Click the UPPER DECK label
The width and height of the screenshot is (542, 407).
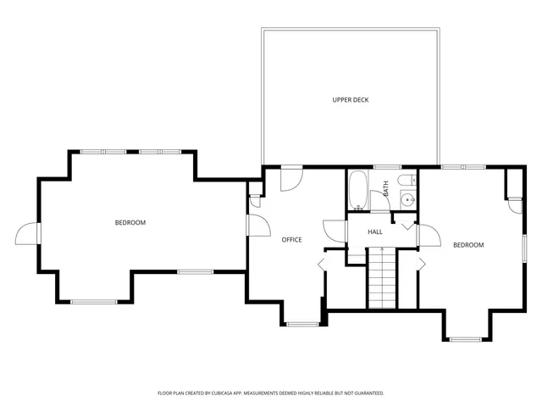[x=350, y=100]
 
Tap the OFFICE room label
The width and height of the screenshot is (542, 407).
[x=291, y=240]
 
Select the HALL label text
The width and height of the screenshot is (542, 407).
[x=375, y=231]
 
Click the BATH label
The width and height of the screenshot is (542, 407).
[x=386, y=189]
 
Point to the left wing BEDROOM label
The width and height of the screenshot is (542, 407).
[x=130, y=223]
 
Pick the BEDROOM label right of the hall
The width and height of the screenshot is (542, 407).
[x=468, y=245]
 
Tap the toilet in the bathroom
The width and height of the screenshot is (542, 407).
[x=406, y=180]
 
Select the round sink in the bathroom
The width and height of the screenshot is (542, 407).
[x=407, y=201]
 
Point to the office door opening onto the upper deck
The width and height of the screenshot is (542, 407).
[x=290, y=178]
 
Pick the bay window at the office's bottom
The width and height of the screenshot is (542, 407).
[x=301, y=324]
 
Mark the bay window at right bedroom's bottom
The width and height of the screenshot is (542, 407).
[x=465, y=338]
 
